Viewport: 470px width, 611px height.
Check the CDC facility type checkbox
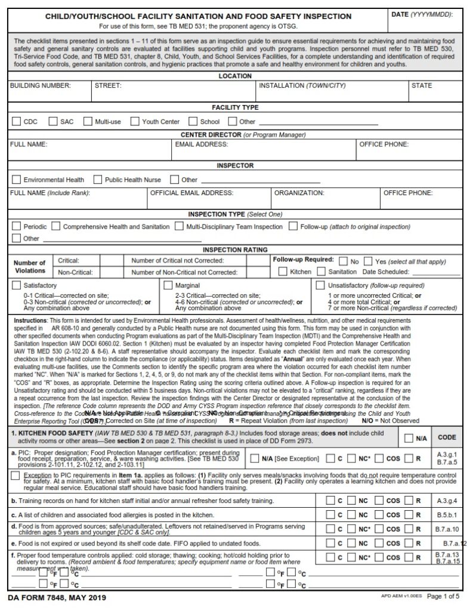pyautogui.click(x=17, y=122)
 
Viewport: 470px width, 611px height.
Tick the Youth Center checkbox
pyautogui.click(x=135, y=122)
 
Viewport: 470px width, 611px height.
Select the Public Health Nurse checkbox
pyautogui.click(x=98, y=180)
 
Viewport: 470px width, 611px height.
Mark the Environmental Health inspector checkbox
pyautogui.click(x=17, y=180)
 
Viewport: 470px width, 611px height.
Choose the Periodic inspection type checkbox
pyautogui.click(x=17, y=227)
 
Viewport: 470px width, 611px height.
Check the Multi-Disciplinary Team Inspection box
pyautogui.click(x=180, y=227)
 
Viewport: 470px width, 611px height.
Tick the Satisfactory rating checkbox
pyautogui.click(x=17, y=286)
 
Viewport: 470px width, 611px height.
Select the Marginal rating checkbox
pyautogui.click(x=168, y=286)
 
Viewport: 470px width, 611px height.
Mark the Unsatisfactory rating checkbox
pyautogui.click(x=320, y=286)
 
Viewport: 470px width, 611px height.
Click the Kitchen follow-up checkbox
pyautogui.click(x=283, y=272)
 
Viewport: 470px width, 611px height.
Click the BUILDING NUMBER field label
pyautogui.click(x=40, y=86)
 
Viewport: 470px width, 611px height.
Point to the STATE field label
pyautogui.click(x=421, y=86)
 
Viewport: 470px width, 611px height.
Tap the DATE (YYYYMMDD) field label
pyautogui.click(x=429, y=14)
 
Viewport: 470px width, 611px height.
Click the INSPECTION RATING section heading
pyautogui.click(x=235, y=250)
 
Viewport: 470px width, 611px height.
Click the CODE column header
pyautogui.click(x=447, y=437)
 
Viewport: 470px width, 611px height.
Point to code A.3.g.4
pyautogui.click(x=447, y=499)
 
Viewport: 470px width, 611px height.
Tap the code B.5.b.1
pyautogui.click(x=447, y=514)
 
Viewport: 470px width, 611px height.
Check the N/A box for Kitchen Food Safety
pyautogui.click(x=409, y=437)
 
